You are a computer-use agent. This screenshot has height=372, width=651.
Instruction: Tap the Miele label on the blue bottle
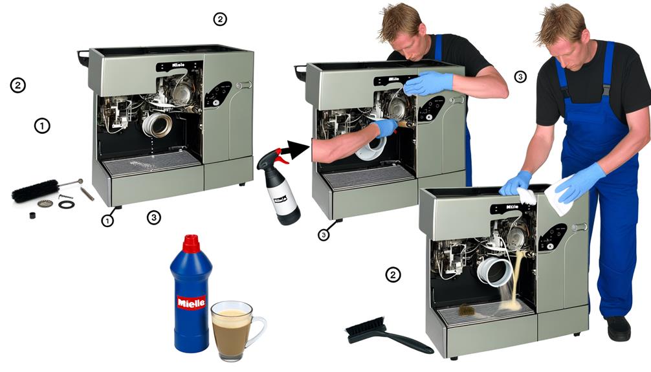click(191, 302)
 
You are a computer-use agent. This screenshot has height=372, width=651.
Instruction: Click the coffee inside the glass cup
click(232, 322)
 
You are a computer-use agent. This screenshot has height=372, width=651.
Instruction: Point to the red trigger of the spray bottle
click(276, 157)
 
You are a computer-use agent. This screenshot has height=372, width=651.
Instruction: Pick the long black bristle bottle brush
click(36, 191)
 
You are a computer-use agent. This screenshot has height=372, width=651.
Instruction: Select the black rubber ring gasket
click(66, 204)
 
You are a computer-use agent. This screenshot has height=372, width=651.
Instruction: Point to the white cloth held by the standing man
click(560, 197)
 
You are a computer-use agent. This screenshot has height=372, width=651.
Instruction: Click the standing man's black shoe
click(619, 328)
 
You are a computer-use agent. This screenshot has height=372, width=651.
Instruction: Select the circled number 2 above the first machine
click(220, 19)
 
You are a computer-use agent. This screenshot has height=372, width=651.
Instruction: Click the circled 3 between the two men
click(520, 76)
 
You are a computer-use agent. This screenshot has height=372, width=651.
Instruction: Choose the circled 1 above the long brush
click(41, 126)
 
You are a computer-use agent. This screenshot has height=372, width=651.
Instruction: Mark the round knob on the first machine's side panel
click(245, 85)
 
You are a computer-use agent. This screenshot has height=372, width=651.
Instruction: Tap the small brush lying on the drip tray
click(467, 311)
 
